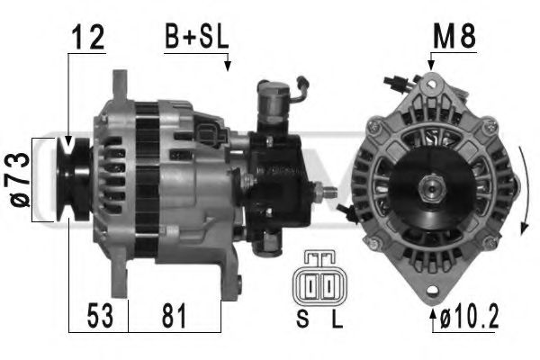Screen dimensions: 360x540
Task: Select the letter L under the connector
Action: (336, 318)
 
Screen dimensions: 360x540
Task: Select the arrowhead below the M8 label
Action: (431, 64)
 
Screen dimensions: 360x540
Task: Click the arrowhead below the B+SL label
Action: (228, 65)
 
